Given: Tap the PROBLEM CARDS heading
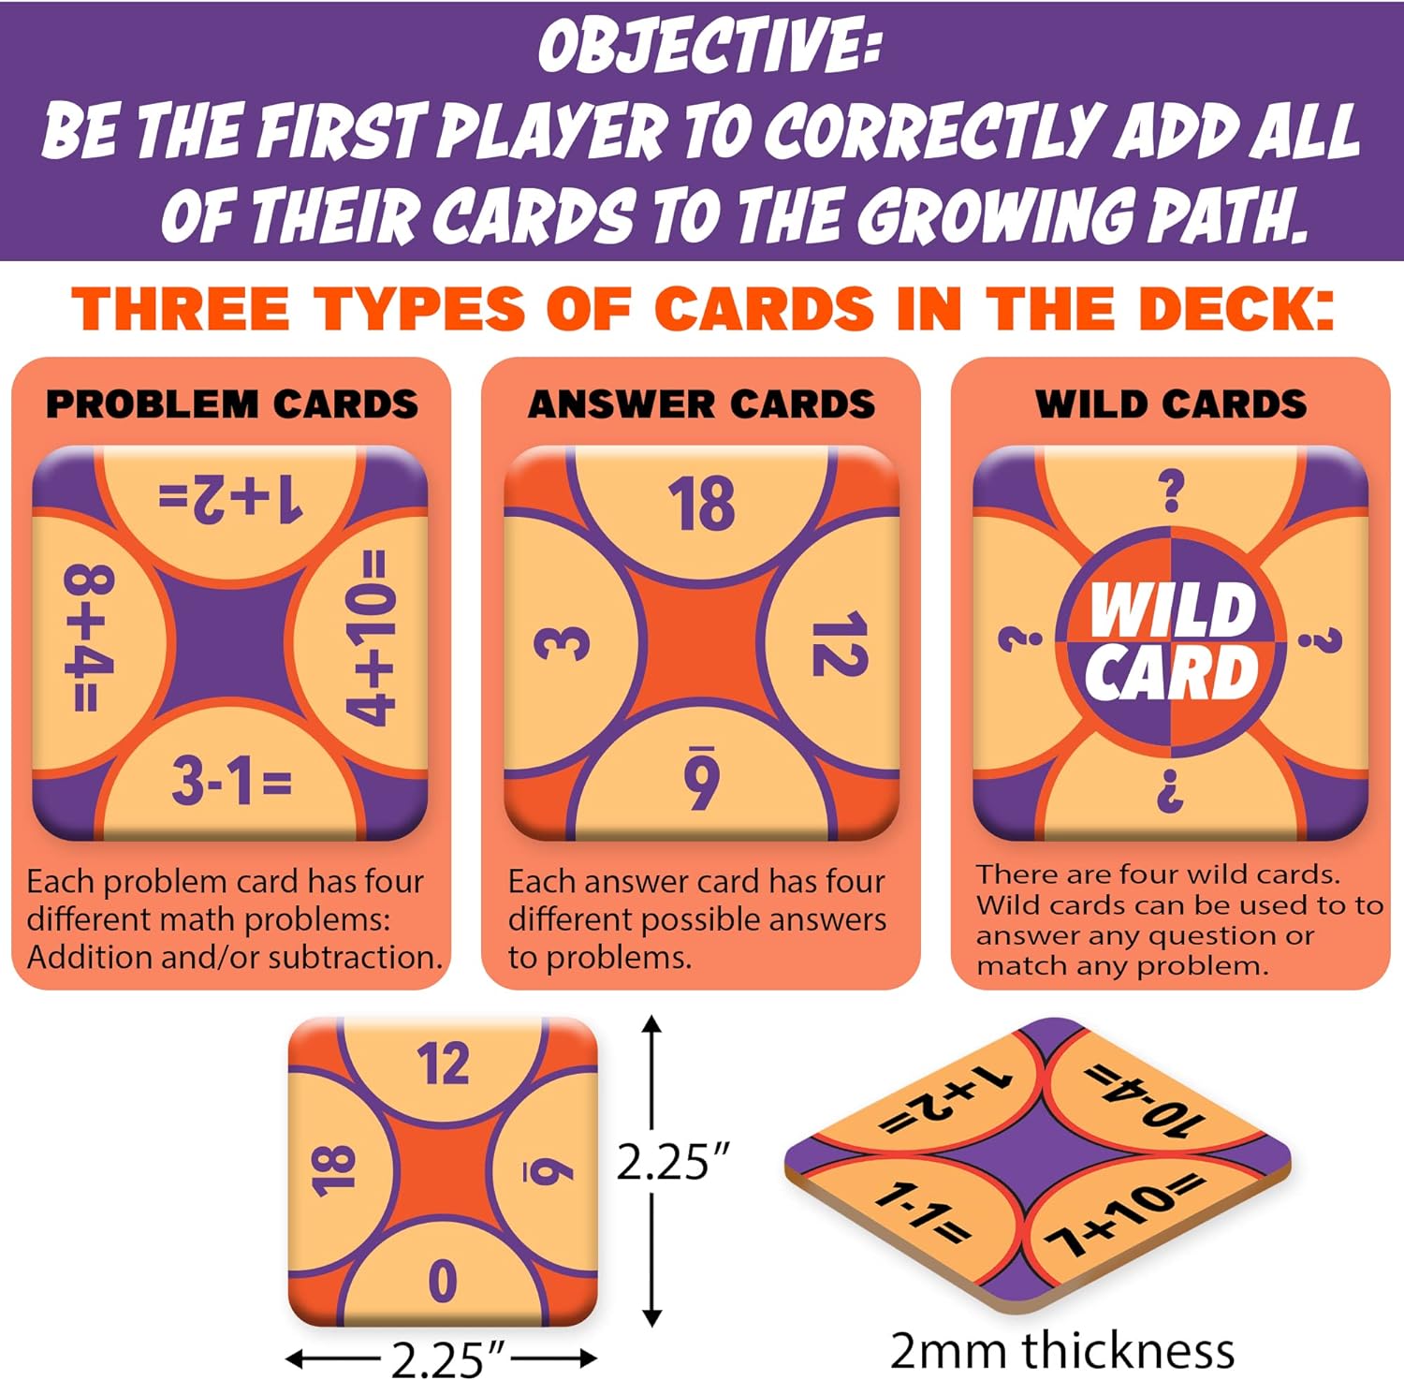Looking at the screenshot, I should [x=232, y=404].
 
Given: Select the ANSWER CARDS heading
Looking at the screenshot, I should [x=701, y=404].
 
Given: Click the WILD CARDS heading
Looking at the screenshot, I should [x=1171, y=404].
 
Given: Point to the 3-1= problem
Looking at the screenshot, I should [x=232, y=781].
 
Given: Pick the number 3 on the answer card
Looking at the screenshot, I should [x=562, y=643].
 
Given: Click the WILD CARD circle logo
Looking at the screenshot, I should [x=1171, y=642].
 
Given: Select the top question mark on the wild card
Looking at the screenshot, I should [x=1171, y=491].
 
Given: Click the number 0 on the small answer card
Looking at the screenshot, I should [x=442, y=1281].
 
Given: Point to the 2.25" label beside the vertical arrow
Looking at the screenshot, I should [x=672, y=1163].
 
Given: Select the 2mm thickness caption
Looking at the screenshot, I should [x=1062, y=1351].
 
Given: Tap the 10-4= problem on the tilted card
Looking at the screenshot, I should [x=1144, y=1099].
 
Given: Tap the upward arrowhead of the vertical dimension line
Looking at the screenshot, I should [x=653, y=1023].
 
